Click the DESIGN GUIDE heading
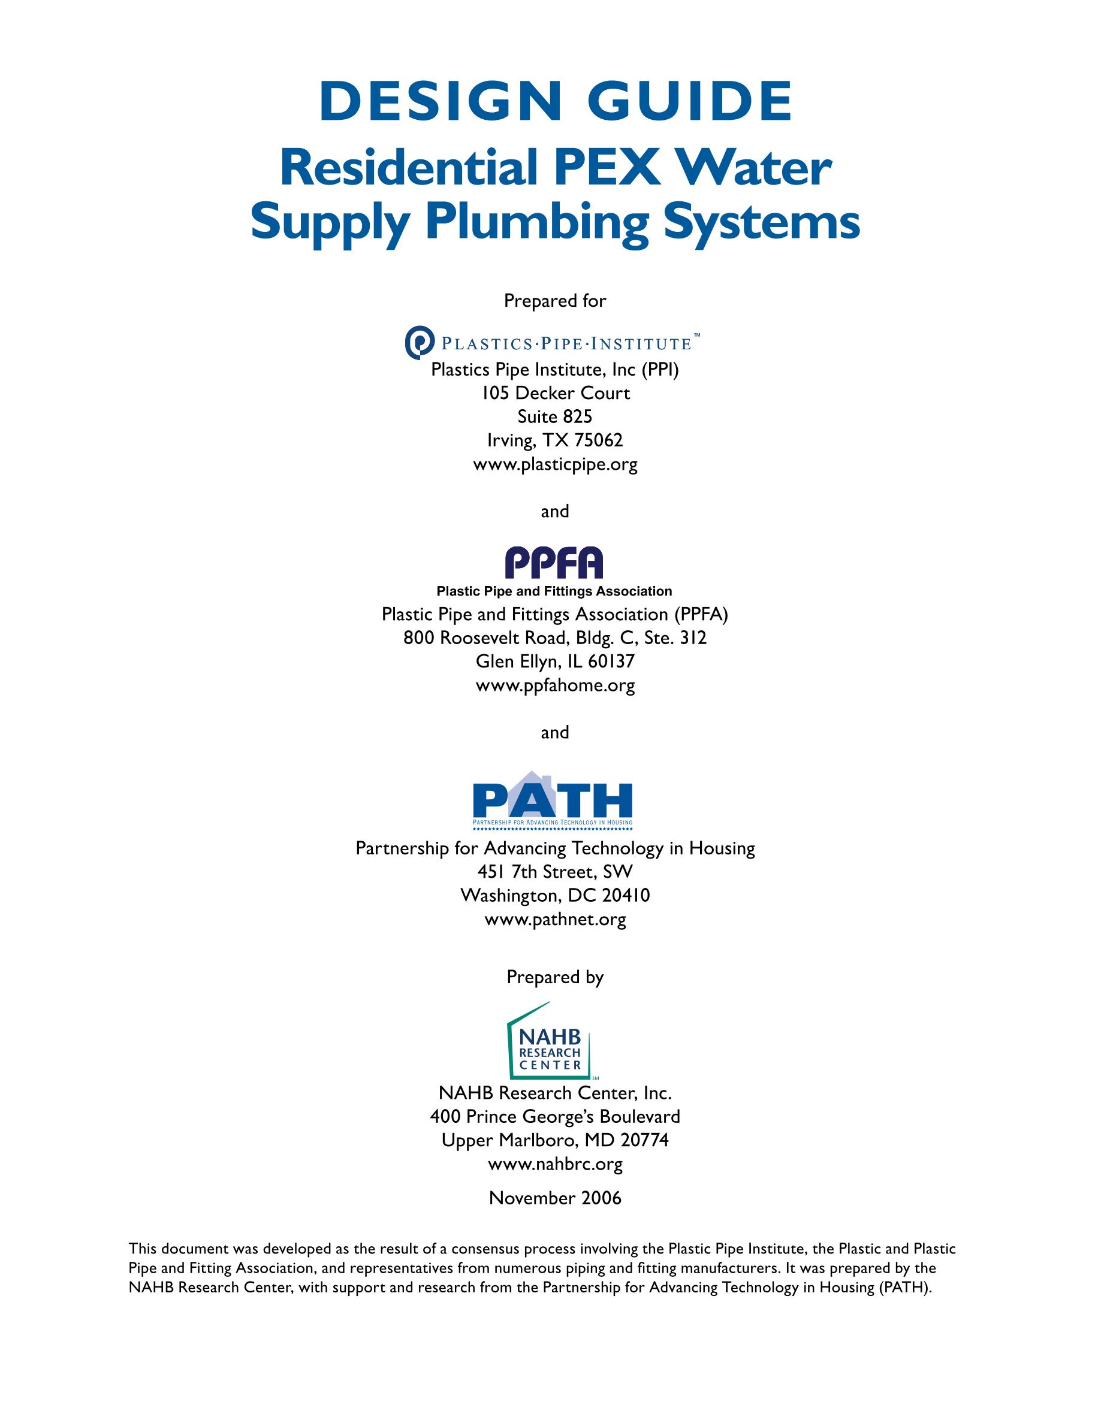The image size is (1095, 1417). pyautogui.click(x=556, y=102)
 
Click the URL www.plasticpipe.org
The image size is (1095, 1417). pyautogui.click(x=555, y=464)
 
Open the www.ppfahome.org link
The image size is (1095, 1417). pyautogui.click(x=555, y=686)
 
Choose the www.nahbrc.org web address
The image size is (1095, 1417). pyautogui.click(x=555, y=1164)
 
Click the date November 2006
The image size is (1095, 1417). pyautogui.click(x=555, y=1198)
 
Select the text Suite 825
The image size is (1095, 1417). pyautogui.click(x=555, y=416)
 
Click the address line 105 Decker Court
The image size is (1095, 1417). pyautogui.click(x=555, y=393)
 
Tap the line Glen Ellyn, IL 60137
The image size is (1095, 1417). pyautogui.click(x=555, y=662)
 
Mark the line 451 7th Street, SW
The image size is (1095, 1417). pyautogui.click(x=555, y=872)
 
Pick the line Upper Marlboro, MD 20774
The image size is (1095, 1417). pyautogui.click(x=555, y=1140)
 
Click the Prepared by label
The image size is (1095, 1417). pyautogui.click(x=555, y=977)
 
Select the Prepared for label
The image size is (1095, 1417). pyautogui.click(x=555, y=301)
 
